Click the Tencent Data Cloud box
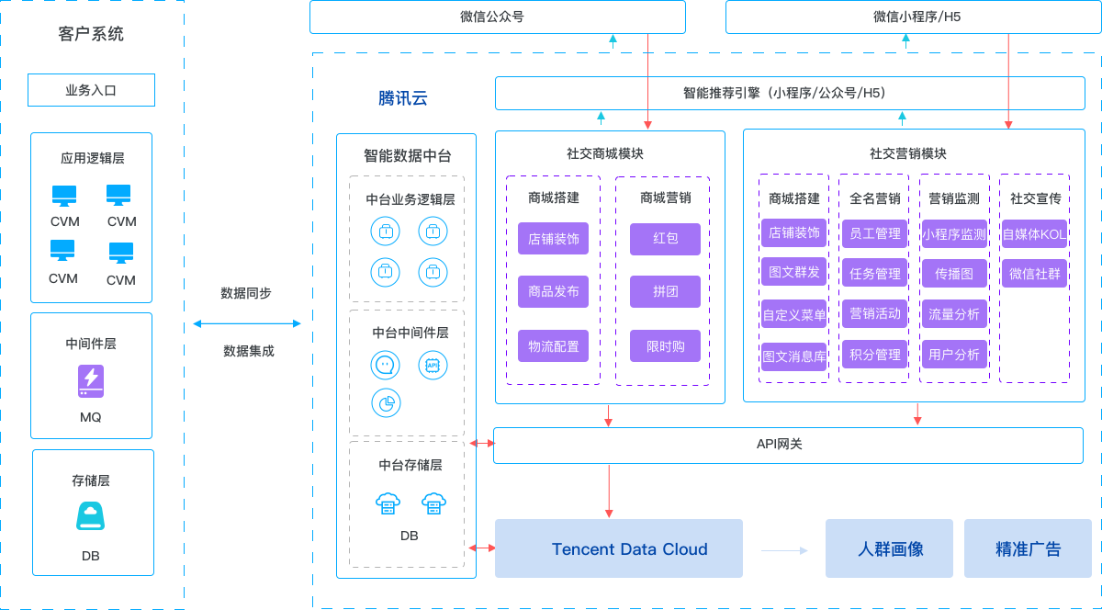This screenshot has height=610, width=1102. (618, 548)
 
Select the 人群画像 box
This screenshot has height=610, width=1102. (890, 548)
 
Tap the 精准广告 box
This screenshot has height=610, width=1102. (1028, 548)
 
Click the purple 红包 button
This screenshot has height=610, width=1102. (666, 239)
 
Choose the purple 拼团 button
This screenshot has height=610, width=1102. (666, 292)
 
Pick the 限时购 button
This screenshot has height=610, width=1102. (666, 346)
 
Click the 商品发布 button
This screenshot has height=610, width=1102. (553, 292)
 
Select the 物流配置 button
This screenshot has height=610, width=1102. (553, 346)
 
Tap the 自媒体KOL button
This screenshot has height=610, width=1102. (1034, 234)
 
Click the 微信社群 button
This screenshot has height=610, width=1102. (1034, 273)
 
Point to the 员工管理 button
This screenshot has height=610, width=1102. (874, 234)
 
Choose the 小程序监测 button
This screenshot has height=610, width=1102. (954, 234)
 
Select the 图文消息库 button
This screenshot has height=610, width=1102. (794, 355)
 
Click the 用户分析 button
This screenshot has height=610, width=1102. (954, 355)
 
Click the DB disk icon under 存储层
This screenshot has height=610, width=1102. (90, 516)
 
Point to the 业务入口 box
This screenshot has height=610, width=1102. (91, 90)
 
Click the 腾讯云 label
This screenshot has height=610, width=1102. (403, 98)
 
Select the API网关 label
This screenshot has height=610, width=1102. (780, 445)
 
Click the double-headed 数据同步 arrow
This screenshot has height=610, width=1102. (247, 323)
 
